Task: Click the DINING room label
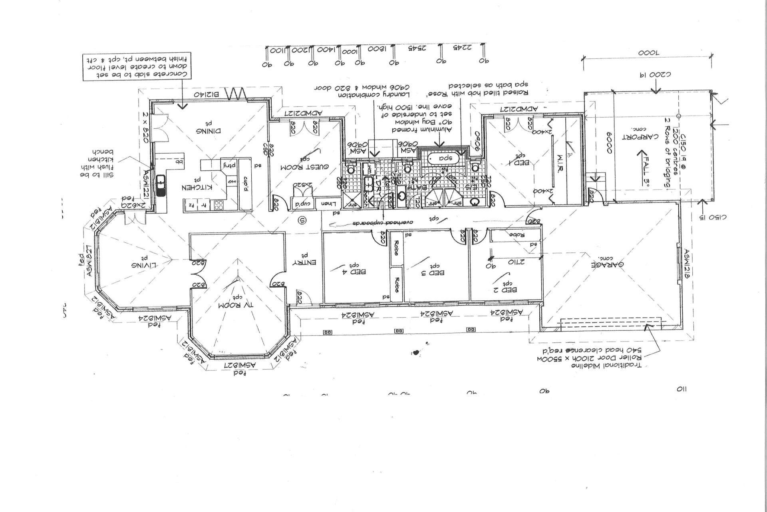pos(208,131)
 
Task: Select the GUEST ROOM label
pos(304,166)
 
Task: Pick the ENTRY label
pos(304,262)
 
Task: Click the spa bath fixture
pos(444,158)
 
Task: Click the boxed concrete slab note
pos(137,67)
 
